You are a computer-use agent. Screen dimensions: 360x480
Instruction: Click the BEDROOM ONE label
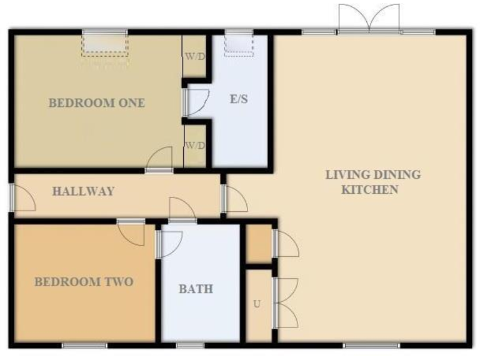tap(97, 103)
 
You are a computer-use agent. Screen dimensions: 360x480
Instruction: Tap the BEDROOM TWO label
tap(83, 282)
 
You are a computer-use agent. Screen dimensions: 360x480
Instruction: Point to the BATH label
tap(196, 289)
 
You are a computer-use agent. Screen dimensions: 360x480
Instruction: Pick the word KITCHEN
tap(369, 189)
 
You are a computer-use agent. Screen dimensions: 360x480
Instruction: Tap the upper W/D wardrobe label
tap(194, 56)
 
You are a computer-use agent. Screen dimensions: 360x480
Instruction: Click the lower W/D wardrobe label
tap(194, 146)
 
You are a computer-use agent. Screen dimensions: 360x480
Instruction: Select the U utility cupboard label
tap(257, 304)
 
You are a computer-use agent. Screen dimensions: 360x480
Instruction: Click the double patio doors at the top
tap(369, 19)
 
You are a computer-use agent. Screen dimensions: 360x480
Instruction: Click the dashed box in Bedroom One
tap(104, 46)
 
